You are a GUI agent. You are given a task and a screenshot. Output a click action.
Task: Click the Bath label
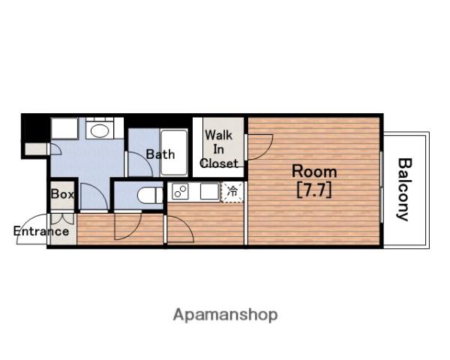160,154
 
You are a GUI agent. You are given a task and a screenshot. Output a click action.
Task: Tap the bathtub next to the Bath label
174,152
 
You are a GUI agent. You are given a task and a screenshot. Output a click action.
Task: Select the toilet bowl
151,196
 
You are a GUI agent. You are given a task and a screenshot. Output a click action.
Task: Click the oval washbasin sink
100,131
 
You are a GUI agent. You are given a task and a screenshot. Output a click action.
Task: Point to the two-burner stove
180,191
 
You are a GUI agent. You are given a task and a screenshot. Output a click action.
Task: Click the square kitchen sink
209,191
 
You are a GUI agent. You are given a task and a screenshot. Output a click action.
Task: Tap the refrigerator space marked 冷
232,191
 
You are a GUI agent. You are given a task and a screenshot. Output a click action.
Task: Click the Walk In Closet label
219,149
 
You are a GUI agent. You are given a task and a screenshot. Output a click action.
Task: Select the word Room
314,172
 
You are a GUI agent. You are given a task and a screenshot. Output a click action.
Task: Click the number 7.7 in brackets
314,190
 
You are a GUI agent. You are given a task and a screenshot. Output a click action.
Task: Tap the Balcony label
405,190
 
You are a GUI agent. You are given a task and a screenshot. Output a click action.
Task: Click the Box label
62,194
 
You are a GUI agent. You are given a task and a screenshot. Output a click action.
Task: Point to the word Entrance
41,232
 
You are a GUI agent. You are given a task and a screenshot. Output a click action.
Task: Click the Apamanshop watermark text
225,315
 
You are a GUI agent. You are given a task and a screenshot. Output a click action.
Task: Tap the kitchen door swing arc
184,226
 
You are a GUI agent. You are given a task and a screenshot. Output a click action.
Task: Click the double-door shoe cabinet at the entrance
62,219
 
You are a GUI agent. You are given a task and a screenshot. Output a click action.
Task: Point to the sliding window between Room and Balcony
382,187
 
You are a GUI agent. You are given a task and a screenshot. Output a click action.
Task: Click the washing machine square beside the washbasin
64,128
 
